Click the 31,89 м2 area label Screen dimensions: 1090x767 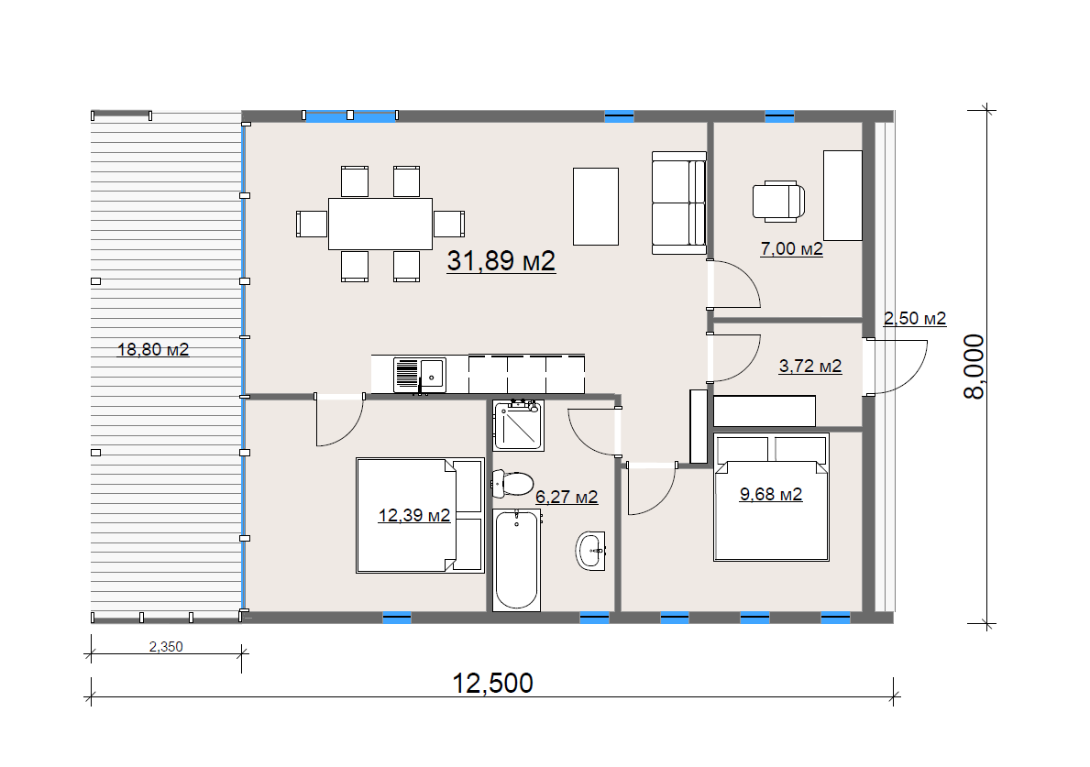tap(501, 261)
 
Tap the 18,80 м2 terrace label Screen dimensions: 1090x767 tap(153, 349)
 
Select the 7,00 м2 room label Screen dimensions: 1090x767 tap(792, 248)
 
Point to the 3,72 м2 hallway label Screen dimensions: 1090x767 tap(809, 367)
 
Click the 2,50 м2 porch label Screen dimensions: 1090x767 tap(915, 319)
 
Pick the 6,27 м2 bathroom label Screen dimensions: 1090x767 tap(567, 498)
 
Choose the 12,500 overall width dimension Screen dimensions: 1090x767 tap(493, 684)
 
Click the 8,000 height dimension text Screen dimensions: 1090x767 tap(974, 367)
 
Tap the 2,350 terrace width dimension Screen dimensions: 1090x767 tap(166, 647)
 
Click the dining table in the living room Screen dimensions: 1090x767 tap(380, 224)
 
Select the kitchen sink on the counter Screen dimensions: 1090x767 tap(420, 375)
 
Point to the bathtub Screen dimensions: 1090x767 tap(516, 560)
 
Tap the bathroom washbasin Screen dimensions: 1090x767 tap(591, 551)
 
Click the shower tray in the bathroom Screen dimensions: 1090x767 tap(519, 425)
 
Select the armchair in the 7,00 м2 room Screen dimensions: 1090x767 tap(778, 202)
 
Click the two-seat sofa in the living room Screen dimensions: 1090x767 tap(679, 203)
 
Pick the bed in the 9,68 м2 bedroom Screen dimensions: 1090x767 tap(772, 498)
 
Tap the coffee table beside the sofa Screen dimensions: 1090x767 tap(596, 206)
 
